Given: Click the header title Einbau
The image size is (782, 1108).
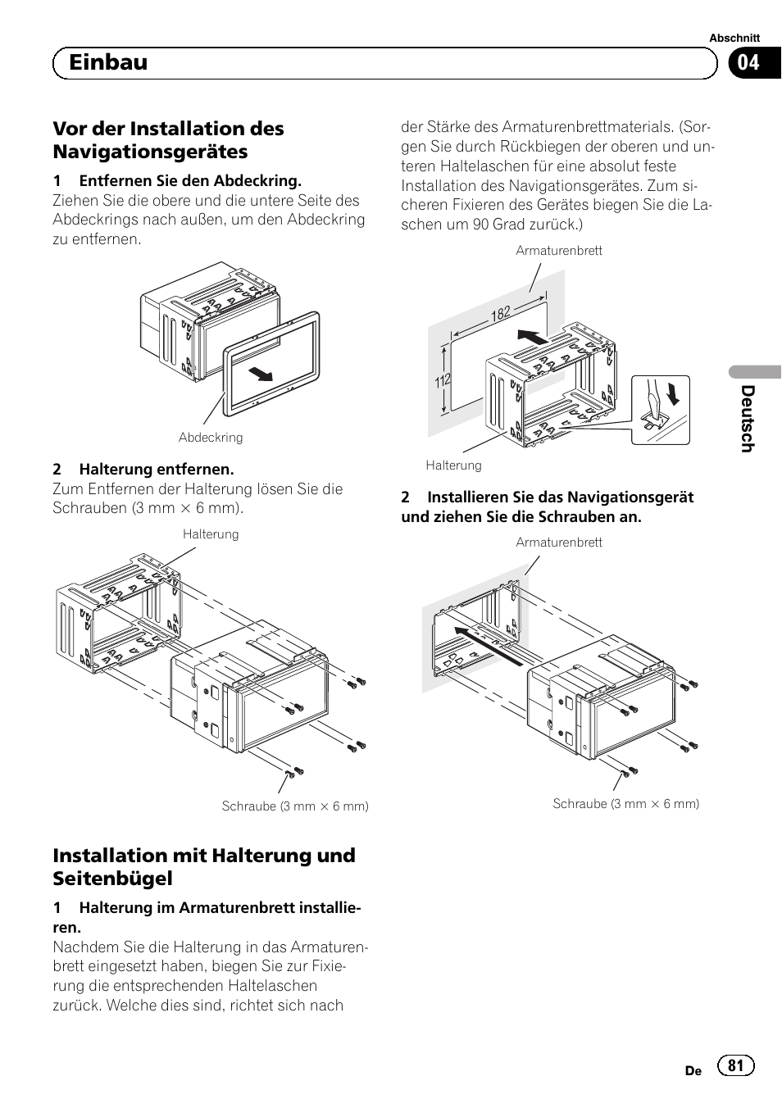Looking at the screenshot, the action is [108, 62].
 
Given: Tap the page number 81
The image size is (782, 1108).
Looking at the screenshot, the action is [735, 1065].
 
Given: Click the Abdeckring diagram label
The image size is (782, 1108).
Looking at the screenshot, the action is [211, 438].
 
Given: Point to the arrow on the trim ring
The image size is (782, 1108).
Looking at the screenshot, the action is [261, 375].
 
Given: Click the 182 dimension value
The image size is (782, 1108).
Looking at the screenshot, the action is [501, 312].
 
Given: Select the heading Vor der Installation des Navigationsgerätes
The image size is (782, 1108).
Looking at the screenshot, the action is [168, 140].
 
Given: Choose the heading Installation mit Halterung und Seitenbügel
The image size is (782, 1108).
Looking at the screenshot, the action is [204, 866].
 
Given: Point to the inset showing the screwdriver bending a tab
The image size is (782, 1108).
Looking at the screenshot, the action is [660, 409].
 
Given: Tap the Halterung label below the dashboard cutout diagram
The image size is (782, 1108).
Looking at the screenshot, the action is [453, 465].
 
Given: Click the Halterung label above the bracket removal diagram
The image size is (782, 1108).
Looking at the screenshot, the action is [211, 534].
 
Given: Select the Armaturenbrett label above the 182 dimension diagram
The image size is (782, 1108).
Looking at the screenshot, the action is [558, 251].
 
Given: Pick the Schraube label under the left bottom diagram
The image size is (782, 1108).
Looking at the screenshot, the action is [295, 806].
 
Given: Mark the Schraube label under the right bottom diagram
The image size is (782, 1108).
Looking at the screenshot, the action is [625, 804].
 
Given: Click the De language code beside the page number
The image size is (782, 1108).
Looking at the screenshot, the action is [693, 1070].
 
